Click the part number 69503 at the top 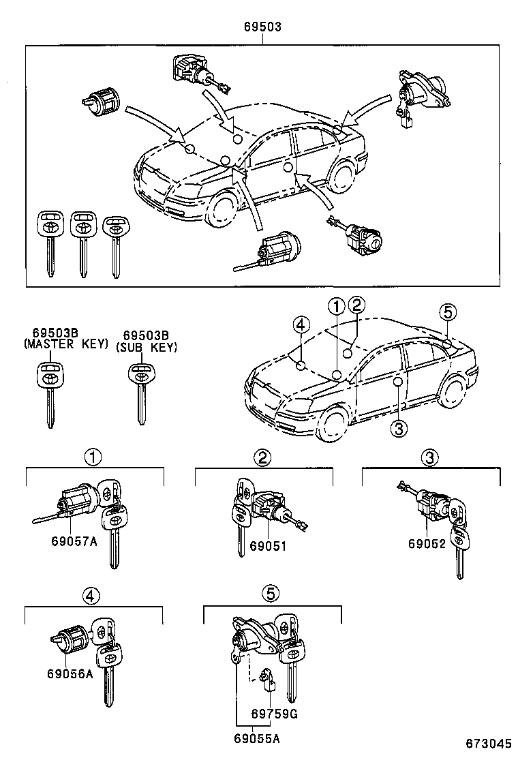click(262, 27)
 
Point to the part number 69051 click(267, 545)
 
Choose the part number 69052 click(427, 544)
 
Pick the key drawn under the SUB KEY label click(140, 392)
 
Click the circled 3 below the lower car click(399, 427)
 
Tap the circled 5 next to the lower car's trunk click(446, 313)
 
